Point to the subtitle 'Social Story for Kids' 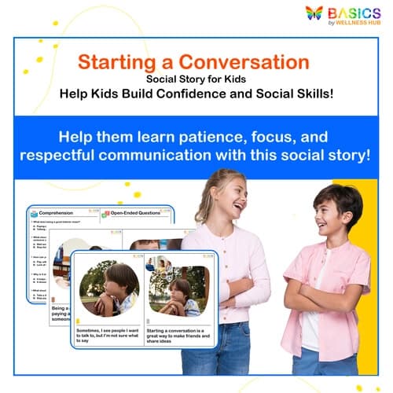click(196, 79)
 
